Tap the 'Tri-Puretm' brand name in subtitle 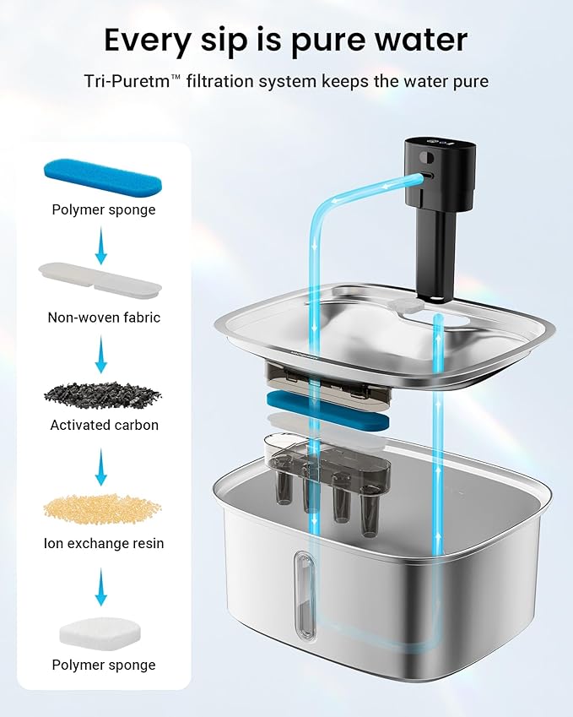coord(131,81)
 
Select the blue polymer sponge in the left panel coord(101,174)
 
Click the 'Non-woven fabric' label coord(104,318)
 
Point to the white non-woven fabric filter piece coord(100,280)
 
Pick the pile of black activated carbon coord(101,393)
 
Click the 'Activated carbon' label coord(104,425)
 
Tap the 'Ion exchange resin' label coord(104,543)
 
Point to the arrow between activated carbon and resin coord(101,467)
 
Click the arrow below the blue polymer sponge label coord(101,238)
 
